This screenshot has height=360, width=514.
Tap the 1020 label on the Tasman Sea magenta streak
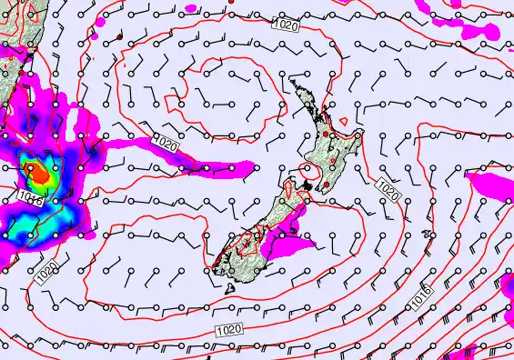click(167, 144)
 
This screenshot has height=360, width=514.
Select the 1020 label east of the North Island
click(388, 192)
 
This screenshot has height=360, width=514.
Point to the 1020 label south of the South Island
click(229, 330)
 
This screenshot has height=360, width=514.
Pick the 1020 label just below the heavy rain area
click(48, 271)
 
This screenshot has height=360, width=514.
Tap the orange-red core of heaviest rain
click(37, 169)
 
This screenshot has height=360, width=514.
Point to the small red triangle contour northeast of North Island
click(344, 121)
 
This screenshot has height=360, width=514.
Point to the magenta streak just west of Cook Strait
click(218, 166)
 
